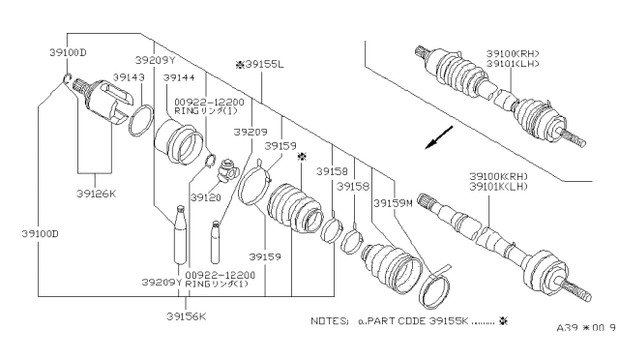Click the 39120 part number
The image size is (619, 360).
point(205,197)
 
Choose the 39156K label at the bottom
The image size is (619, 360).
point(186,315)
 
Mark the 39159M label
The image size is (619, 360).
point(391,202)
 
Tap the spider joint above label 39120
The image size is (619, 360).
point(227,169)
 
